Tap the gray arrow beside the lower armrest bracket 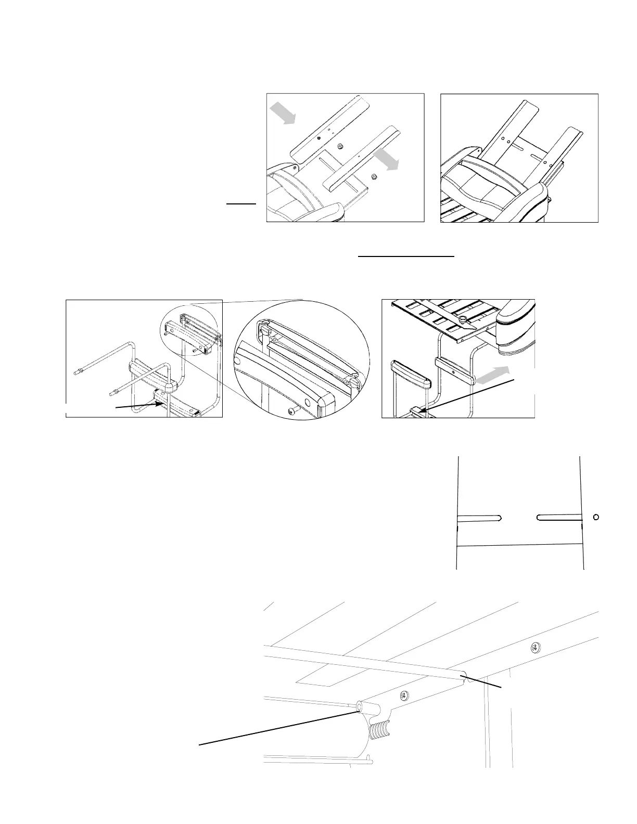[386, 158]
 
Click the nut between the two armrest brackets [340, 147]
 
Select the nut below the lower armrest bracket [374, 177]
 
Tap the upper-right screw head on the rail [536, 648]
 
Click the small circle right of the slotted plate [596, 517]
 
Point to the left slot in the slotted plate [479, 518]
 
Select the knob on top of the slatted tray [462, 316]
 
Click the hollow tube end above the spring [360, 707]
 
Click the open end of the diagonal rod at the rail [467, 677]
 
